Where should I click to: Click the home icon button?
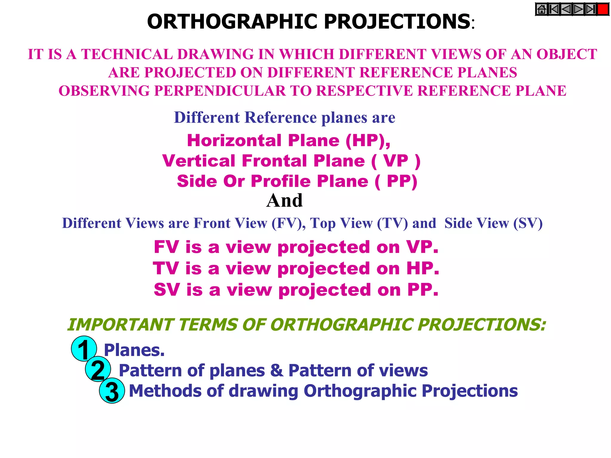point(541,10)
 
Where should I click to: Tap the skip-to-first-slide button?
point(554,10)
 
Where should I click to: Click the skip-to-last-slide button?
point(591,10)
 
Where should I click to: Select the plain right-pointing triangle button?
point(578,10)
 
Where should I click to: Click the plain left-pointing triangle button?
point(566,10)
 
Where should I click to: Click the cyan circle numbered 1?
point(84,349)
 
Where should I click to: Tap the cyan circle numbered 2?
point(98,369)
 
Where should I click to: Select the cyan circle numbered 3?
point(112,391)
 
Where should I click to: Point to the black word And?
point(284,200)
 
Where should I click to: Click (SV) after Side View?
point(527,223)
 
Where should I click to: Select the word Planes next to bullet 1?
point(134,350)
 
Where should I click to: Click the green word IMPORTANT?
point(120,325)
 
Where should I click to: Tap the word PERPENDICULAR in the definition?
point(220,91)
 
